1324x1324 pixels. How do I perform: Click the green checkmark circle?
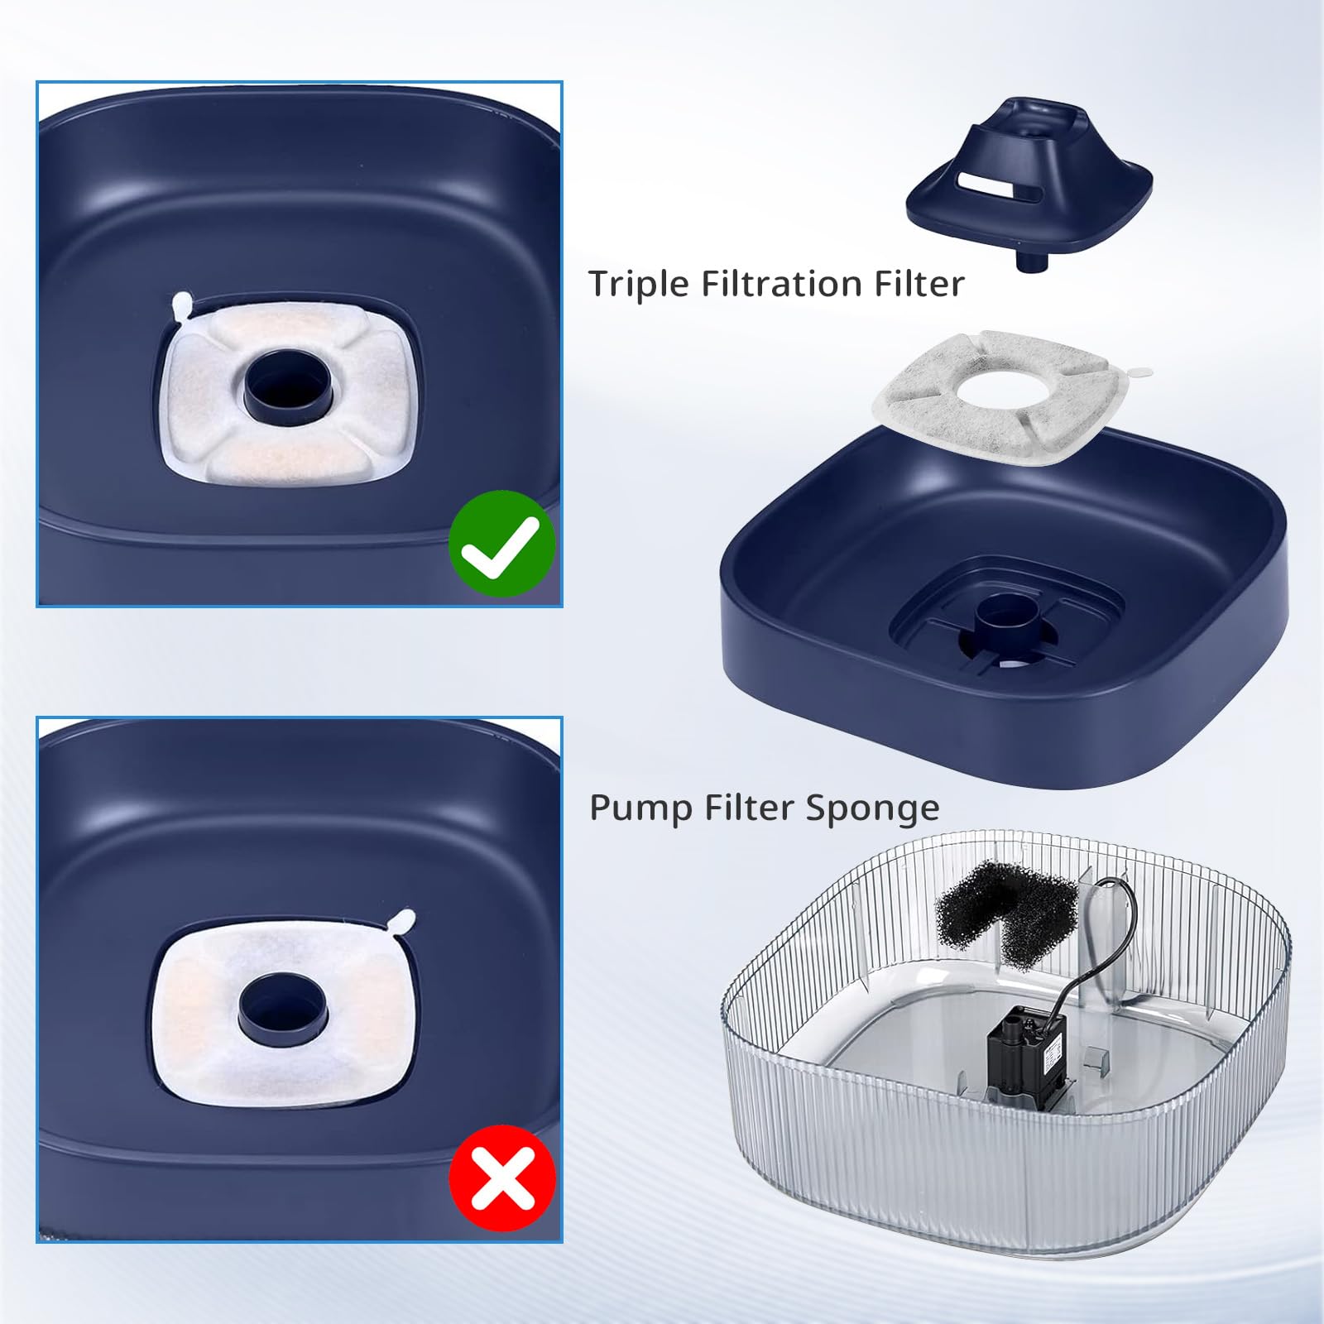[x=501, y=544]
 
